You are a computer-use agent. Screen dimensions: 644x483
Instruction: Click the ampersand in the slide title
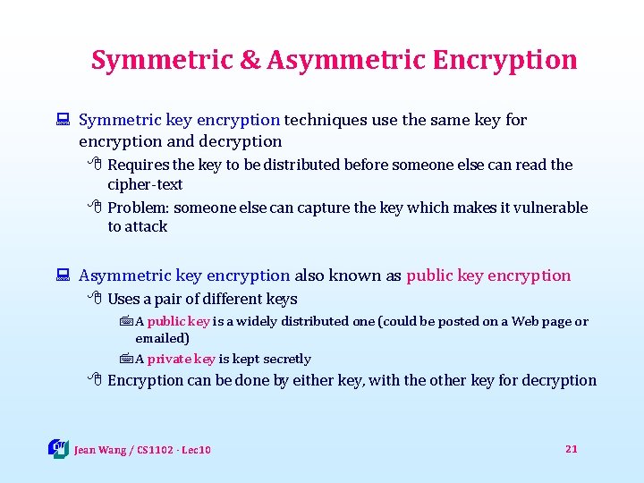(250, 61)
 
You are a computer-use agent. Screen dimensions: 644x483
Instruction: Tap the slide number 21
(572, 448)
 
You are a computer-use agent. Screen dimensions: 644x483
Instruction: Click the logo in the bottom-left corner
(58, 448)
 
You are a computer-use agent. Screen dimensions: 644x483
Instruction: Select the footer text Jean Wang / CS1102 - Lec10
(142, 449)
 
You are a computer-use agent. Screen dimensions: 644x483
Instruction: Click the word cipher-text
(145, 184)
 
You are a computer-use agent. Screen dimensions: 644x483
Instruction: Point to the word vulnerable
(552, 208)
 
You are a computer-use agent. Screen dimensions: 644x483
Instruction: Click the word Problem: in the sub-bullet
(139, 208)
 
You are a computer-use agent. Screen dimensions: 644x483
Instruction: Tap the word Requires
(139, 165)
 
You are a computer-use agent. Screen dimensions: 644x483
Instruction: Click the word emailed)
(162, 338)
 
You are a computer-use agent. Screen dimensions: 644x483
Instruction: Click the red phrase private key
(182, 359)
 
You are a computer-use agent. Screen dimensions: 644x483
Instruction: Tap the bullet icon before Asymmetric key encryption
(64, 276)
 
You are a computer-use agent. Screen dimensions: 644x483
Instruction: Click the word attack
(147, 226)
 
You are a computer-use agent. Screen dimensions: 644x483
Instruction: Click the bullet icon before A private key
(126, 359)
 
